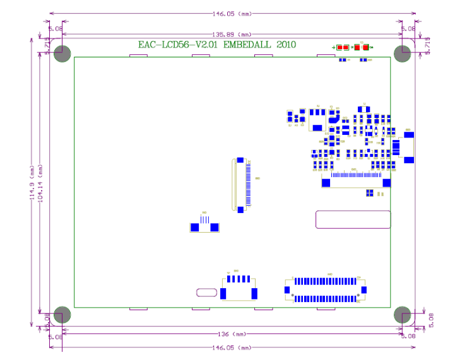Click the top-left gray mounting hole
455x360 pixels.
[x=62, y=54]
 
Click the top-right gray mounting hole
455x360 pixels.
[x=403, y=54]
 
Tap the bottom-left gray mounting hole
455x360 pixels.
[x=62, y=314]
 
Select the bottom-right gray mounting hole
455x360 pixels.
[x=403, y=314]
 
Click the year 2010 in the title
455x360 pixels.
[x=285, y=45]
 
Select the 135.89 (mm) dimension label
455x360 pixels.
[x=233, y=35]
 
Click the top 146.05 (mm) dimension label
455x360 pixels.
[x=233, y=13]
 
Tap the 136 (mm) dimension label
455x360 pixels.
[x=232, y=334]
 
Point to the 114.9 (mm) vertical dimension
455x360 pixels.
[x=32, y=183]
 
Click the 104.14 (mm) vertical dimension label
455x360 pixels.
[x=41, y=183]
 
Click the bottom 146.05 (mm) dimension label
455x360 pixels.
[x=232, y=347]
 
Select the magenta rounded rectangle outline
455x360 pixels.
[x=353, y=219]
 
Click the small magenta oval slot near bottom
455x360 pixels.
[x=206, y=293]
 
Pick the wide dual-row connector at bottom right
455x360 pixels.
[x=325, y=289]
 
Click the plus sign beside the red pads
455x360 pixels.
[x=333, y=47]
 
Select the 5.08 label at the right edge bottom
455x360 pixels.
[x=432, y=320]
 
